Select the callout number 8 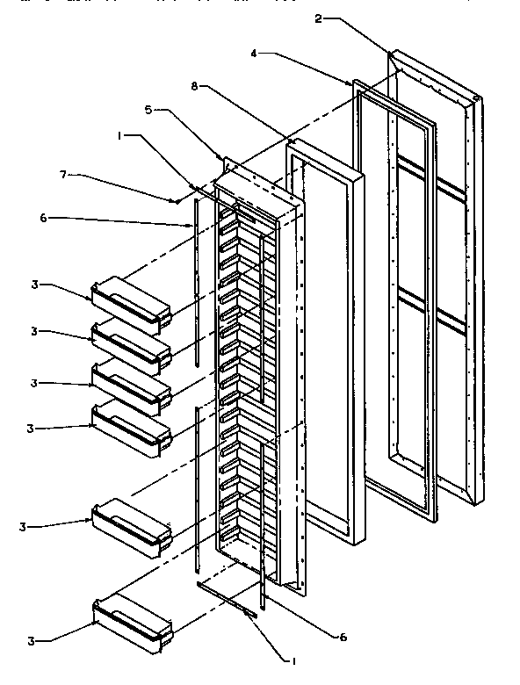[194, 86]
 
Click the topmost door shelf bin [131, 300]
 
